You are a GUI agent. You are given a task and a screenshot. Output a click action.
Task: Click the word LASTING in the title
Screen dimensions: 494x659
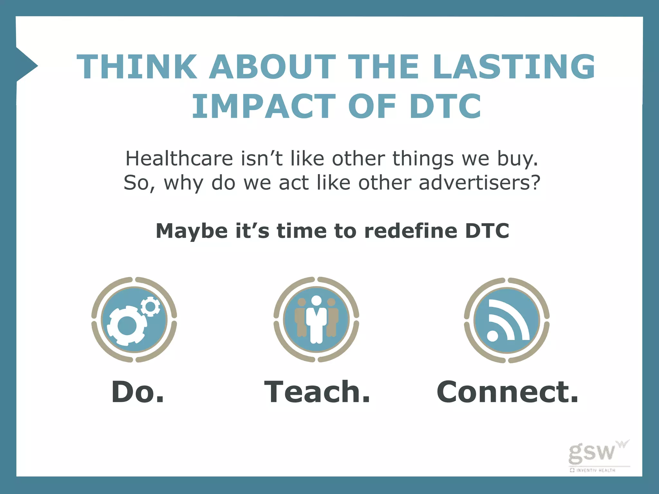514,67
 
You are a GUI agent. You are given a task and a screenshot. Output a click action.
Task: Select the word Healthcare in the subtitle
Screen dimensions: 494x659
179,159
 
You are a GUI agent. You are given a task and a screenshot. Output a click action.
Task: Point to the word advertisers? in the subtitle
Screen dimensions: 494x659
479,183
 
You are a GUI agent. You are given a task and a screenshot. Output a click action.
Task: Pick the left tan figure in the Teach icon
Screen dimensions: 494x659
301,318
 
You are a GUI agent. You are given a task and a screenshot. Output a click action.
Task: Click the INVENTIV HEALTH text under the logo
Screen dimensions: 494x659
595,470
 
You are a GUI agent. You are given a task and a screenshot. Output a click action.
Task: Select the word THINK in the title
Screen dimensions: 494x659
137,67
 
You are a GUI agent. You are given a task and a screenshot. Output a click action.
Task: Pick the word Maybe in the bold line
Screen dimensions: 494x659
191,231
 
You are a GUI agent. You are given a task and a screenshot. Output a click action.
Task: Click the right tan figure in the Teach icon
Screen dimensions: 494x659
332,318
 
